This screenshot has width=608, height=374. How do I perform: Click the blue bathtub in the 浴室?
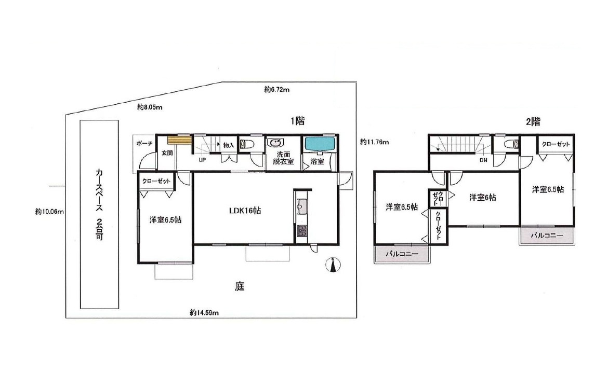point(320,144)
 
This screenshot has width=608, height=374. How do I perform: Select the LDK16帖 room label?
point(245,211)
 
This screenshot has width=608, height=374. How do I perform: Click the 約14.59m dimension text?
point(204,312)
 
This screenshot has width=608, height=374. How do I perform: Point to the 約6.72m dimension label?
point(277,90)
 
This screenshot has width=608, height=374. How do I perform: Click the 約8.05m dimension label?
point(150,107)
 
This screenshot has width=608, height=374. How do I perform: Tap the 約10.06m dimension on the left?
point(49,212)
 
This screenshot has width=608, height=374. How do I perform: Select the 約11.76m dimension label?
point(374,142)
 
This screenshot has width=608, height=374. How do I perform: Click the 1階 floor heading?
point(298,121)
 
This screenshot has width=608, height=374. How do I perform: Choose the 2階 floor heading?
point(533,121)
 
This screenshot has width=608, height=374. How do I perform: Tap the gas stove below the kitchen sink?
point(302,231)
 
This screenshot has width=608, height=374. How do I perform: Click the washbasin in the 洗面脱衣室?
point(276,143)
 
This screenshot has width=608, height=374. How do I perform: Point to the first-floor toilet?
point(247,144)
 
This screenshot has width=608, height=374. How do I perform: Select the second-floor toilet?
point(511,144)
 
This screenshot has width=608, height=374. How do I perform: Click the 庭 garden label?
point(240,286)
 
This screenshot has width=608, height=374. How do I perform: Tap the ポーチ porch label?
point(144,143)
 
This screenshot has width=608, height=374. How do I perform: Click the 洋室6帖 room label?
point(482,198)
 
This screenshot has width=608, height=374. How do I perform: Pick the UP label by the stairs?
point(202,160)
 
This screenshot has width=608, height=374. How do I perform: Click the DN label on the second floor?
point(483,160)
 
